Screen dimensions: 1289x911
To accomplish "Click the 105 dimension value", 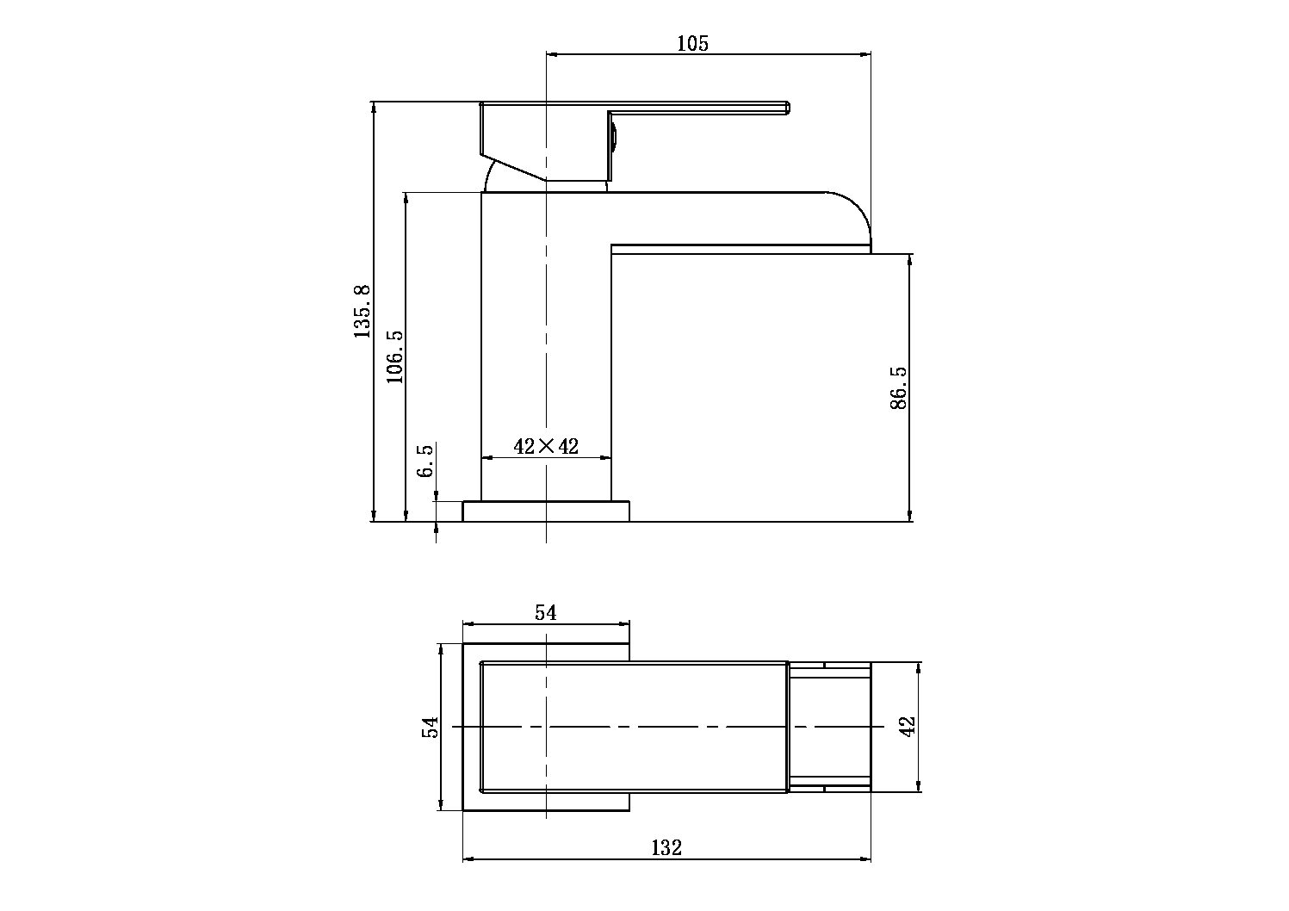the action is (692, 44).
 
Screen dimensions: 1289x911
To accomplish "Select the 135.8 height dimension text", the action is (362, 312).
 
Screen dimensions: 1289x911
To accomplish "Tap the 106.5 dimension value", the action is (394, 356).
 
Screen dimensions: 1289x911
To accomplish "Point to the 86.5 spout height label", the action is (898, 387).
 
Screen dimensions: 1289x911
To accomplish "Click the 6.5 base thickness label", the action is (425, 461).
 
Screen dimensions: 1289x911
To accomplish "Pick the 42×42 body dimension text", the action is (546, 446).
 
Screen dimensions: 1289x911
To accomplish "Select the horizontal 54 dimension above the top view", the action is (546, 613).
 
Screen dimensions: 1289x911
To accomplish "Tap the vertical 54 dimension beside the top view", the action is (430, 727).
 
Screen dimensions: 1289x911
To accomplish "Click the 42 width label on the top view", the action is (907, 726).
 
